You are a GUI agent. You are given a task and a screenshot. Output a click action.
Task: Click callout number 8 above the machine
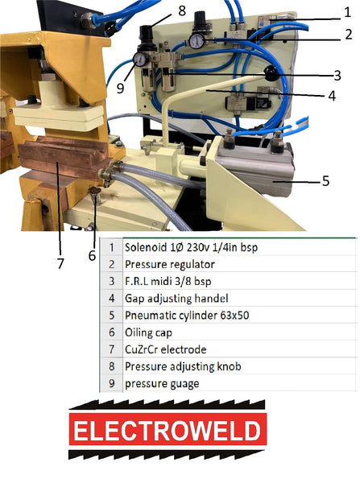[182, 10]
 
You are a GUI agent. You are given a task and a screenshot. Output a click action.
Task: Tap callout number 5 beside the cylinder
[326, 181]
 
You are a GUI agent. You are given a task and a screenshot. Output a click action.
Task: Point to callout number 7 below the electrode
[60, 264]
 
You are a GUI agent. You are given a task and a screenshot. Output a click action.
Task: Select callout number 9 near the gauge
[121, 88]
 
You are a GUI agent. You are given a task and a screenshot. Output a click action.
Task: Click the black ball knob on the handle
[271, 73]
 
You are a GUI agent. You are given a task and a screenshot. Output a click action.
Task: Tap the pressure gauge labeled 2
[197, 41]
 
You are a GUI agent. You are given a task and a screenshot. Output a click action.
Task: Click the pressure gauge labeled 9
[141, 59]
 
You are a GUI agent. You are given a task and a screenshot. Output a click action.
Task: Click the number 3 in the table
[112, 281]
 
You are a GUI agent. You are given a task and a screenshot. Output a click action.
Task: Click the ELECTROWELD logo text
[168, 430]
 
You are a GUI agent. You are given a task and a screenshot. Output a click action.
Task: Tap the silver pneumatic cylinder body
[258, 171]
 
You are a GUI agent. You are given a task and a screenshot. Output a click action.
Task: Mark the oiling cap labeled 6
[95, 192]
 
